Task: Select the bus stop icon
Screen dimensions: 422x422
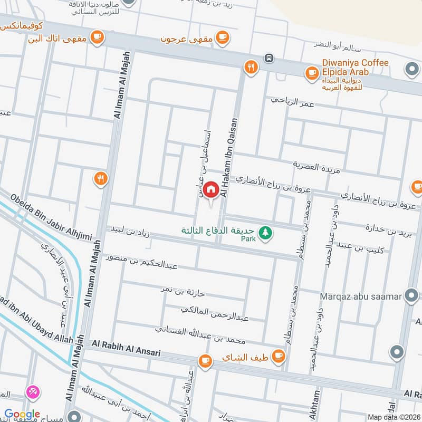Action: (x=269, y=57)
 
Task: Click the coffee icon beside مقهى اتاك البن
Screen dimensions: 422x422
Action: (x=97, y=36)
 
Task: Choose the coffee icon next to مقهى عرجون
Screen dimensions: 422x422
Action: (x=223, y=36)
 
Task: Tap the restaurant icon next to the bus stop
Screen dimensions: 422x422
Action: (x=250, y=67)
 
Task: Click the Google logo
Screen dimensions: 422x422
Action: (x=22, y=415)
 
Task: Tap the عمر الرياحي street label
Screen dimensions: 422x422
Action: (x=292, y=101)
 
